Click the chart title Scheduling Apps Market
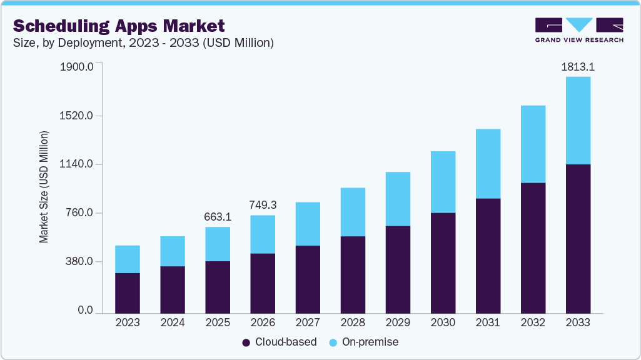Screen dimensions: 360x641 tap(119, 26)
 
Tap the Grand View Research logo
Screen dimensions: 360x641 tap(578, 29)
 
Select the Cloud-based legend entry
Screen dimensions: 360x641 tap(280, 342)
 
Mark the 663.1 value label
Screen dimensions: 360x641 tap(218, 216)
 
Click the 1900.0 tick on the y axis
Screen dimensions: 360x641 tap(77, 67)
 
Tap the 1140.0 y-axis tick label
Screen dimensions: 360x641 tap(77, 164)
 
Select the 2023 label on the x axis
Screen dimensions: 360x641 tap(128, 323)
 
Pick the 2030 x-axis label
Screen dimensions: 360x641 tap(443, 323)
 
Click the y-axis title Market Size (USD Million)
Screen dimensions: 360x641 tap(44, 187)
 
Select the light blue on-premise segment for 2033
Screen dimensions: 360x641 tap(578, 121)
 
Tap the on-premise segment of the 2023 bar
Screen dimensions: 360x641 tap(128, 259)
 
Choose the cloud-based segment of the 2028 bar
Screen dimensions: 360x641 tap(353, 275)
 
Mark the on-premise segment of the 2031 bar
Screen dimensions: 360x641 tap(488, 164)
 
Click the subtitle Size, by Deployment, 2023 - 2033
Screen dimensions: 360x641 tap(143, 42)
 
